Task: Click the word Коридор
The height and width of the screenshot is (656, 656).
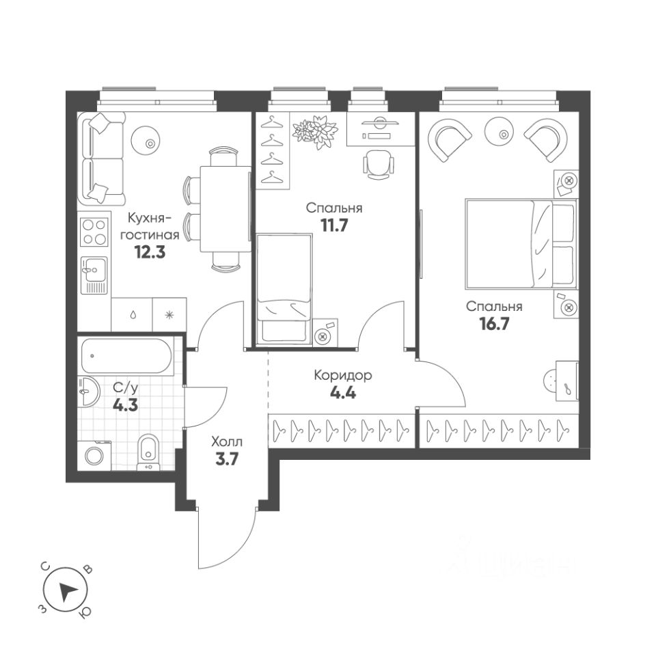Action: pyautogui.click(x=342, y=375)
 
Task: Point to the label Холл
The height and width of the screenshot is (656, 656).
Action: pyautogui.click(x=226, y=442)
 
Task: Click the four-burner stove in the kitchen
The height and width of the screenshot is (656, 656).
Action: pyautogui.click(x=94, y=232)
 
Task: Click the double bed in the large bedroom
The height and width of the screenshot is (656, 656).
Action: pyautogui.click(x=520, y=243)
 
